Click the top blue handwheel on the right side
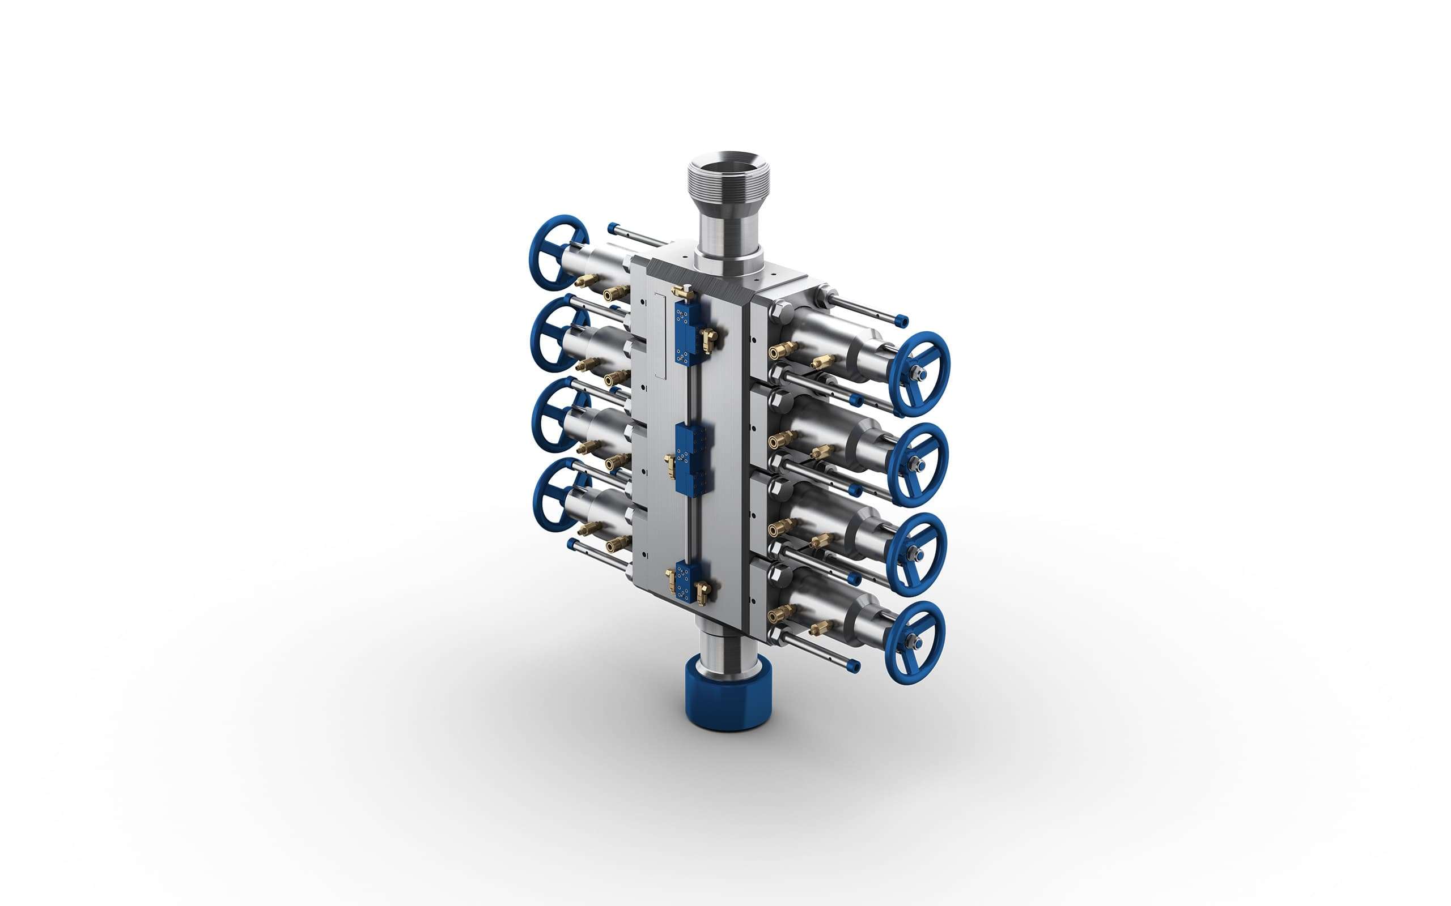coord(919,374)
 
